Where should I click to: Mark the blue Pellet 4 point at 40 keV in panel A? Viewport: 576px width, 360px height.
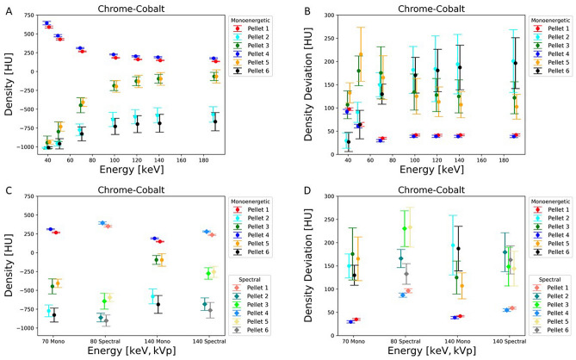pyautogui.click(x=46, y=23)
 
